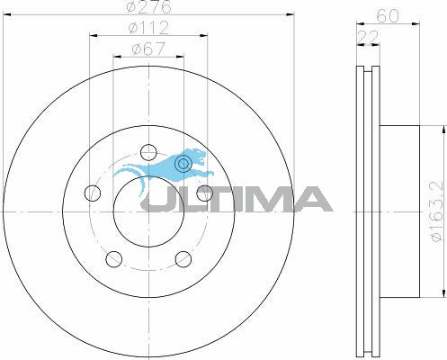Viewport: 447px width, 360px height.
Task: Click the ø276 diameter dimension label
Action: pos(149,6)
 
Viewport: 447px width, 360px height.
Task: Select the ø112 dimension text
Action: pos(148,28)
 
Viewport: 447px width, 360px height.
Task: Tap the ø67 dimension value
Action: pos(148,49)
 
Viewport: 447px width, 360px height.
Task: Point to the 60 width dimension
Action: pos(388,16)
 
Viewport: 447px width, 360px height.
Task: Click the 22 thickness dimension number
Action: pos(368,37)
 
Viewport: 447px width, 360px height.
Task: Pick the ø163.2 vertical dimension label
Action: pos(436,211)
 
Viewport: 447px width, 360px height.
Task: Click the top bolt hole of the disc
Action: pos(148,152)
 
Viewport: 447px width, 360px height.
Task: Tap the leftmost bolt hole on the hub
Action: pos(92,193)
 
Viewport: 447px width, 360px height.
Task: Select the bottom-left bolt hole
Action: pos(114,259)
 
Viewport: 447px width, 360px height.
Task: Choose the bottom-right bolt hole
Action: pos(183,259)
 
